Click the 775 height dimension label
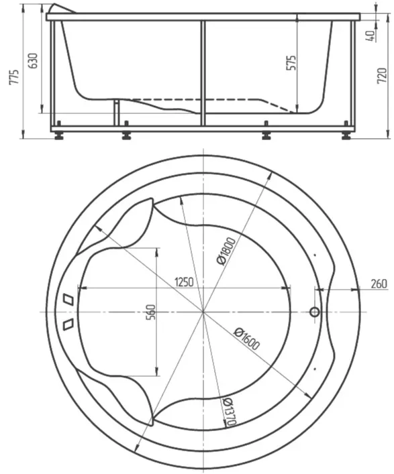[x=14, y=77]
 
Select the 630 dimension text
[x=33, y=60]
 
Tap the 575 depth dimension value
[x=291, y=63]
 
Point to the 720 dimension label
[x=382, y=76]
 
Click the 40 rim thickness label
[x=372, y=36]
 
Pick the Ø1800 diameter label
[x=226, y=251]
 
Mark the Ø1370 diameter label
[x=230, y=412]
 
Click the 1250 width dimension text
[x=184, y=282]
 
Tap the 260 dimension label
[x=379, y=284]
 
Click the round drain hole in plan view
[x=315, y=312]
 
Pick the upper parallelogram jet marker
[x=68, y=299]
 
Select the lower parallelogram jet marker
[x=68, y=324]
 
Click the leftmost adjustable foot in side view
[x=58, y=131]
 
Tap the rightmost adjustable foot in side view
[x=346, y=131]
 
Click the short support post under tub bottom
[x=116, y=113]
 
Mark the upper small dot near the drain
[x=315, y=255]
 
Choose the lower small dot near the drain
[x=315, y=369]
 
